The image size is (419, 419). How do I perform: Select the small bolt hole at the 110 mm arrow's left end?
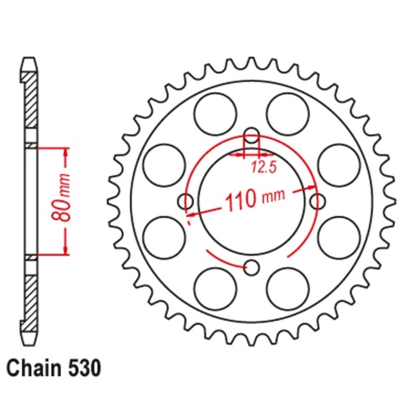185,201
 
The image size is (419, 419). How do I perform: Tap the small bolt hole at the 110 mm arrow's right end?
318,201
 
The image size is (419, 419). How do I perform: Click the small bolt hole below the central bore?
251,267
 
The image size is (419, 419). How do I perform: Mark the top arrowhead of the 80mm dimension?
65,151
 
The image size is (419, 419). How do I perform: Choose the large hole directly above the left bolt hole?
162,163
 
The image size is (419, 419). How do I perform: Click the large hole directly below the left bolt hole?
162,238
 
